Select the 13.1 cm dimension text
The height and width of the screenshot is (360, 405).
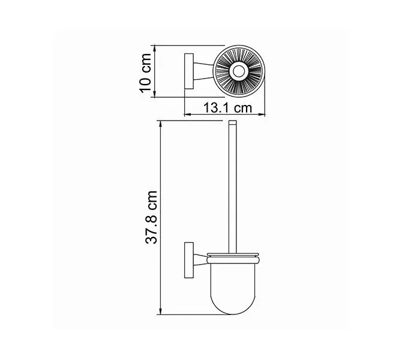coord(226,108)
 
